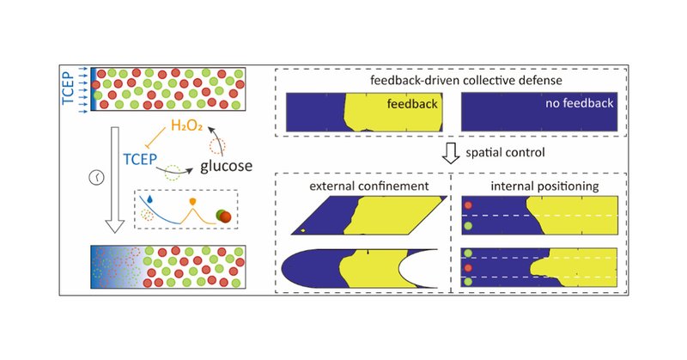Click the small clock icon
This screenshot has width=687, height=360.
[96, 178]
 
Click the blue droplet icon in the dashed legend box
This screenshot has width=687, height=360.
[152, 196]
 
